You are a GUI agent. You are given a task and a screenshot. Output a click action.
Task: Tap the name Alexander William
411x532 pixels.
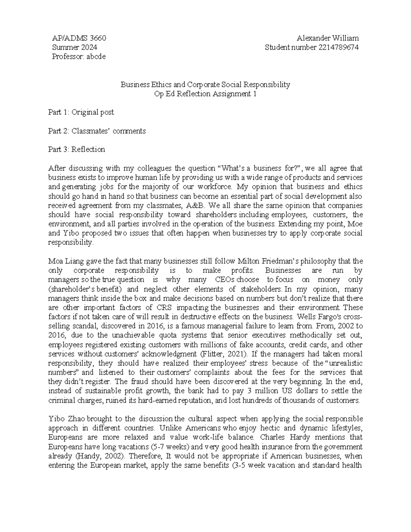click(x=328, y=38)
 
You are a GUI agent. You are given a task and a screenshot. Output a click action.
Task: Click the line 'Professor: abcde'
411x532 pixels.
click(x=79, y=57)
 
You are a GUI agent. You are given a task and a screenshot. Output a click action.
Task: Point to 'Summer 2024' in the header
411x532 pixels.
click(x=74, y=48)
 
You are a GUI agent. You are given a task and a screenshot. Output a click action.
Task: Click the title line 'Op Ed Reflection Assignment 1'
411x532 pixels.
click(x=206, y=94)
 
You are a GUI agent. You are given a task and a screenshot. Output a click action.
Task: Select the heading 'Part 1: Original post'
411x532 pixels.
click(x=81, y=112)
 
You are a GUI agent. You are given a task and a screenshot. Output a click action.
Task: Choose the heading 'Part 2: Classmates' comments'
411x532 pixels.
click(x=97, y=131)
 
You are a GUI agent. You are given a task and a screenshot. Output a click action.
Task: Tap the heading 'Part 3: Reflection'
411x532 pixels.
click(x=77, y=150)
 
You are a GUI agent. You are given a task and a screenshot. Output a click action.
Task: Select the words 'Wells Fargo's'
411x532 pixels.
click(x=322, y=317)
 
